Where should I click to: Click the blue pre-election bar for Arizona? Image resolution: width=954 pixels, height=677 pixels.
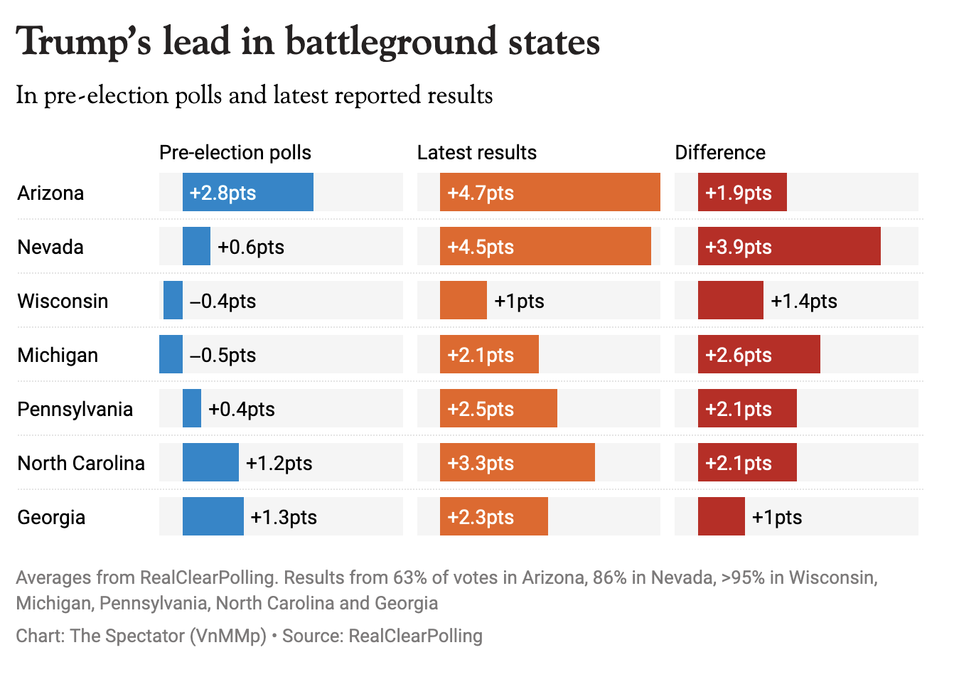coord(247,192)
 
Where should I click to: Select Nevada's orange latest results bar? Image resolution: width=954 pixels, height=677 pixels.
coord(545,246)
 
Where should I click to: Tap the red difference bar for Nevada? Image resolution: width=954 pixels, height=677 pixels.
coord(789,246)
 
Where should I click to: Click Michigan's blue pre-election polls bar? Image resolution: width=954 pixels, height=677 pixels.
coord(171,354)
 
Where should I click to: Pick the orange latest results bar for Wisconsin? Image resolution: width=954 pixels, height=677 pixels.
coord(463,300)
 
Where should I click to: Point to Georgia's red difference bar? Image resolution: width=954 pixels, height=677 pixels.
coord(721,516)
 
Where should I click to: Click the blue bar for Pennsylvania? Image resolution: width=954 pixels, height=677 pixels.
coord(192,408)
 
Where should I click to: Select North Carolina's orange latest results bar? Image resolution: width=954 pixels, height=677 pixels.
coord(517,462)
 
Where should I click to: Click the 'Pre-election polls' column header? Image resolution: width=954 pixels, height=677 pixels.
coord(235,153)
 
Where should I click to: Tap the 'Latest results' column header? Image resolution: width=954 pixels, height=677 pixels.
coord(476,153)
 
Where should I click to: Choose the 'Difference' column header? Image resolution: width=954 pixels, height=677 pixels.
coord(719,153)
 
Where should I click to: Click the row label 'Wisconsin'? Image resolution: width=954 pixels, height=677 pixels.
coord(63,301)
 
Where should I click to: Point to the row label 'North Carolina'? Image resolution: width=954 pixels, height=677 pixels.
coord(81,463)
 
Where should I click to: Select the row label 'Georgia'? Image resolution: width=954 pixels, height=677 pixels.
coord(51,517)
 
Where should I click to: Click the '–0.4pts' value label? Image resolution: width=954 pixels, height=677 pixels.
coord(223,301)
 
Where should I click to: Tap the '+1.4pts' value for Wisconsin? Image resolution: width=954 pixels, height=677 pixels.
coord(803,301)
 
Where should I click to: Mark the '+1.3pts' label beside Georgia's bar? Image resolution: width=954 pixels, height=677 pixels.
coord(284,517)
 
